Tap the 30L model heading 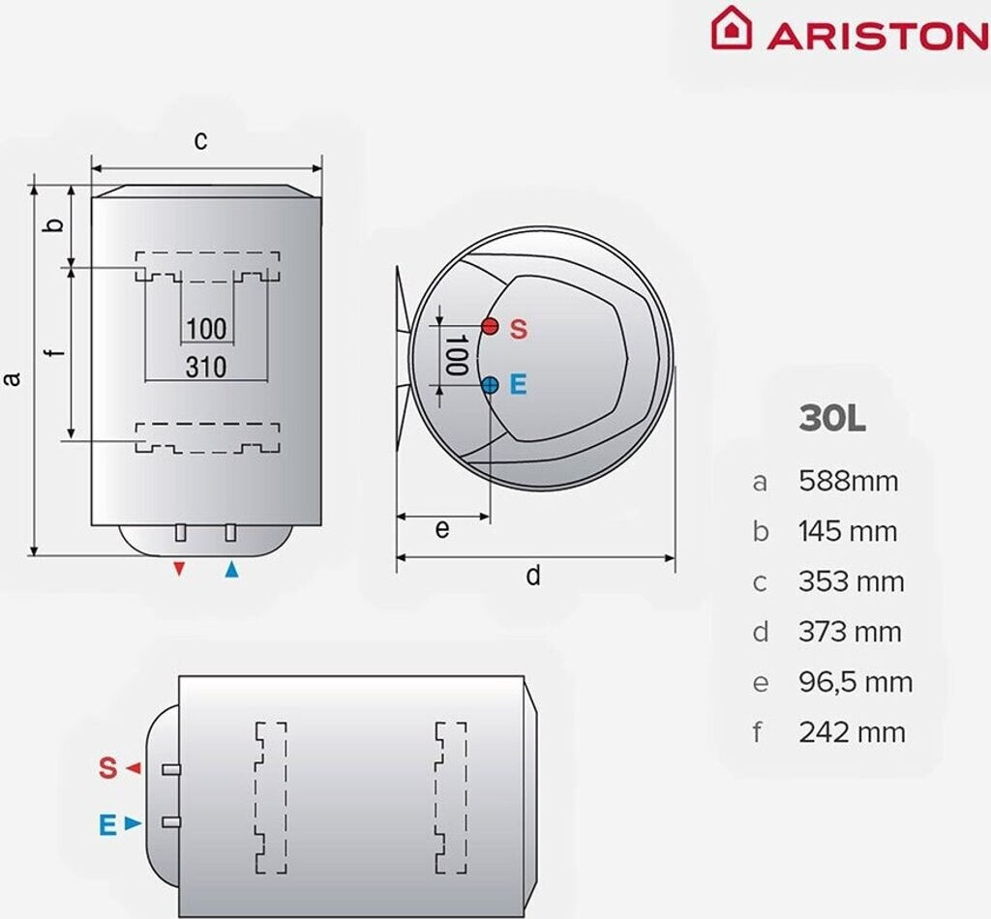pyautogui.click(x=831, y=419)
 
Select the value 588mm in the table pyautogui.click(x=848, y=481)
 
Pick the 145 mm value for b pyautogui.click(x=848, y=531)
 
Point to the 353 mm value pyautogui.click(x=851, y=581)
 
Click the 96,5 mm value pyautogui.click(x=856, y=682)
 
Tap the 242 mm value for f pyautogui.click(x=852, y=732)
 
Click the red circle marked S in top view pyautogui.click(x=491, y=326)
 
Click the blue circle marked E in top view pyautogui.click(x=491, y=385)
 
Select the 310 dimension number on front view pyautogui.click(x=205, y=367)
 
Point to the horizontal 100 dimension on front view pyautogui.click(x=205, y=328)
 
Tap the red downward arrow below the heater pyautogui.click(x=178, y=569)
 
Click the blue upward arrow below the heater pyautogui.click(x=230, y=569)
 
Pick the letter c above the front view pyautogui.click(x=200, y=140)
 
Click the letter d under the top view pyautogui.click(x=533, y=577)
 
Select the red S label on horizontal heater pyautogui.click(x=107, y=769)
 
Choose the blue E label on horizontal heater pyautogui.click(x=107, y=824)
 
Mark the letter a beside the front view pyautogui.click(x=13, y=377)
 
